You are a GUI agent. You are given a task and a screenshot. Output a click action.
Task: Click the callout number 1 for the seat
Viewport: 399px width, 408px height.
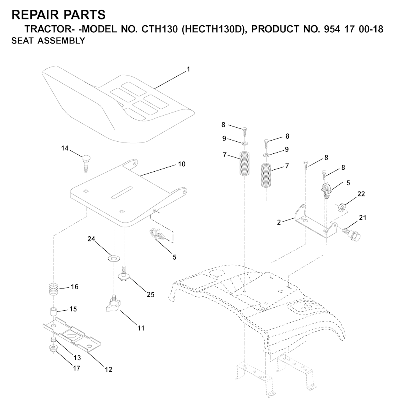[188, 69]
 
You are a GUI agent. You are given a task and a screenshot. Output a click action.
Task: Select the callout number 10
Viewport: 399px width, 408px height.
[182, 164]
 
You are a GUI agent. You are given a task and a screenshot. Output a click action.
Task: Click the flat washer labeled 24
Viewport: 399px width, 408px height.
[114, 258]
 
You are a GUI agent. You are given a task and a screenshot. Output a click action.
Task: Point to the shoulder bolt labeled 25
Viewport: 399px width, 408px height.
[124, 275]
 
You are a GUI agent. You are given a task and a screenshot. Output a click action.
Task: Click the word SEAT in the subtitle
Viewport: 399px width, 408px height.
[22, 41]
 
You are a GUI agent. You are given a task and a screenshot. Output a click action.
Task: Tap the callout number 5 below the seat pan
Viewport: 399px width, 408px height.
[174, 257]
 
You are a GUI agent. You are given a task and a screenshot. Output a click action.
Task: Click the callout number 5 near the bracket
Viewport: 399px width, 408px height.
[348, 183]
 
